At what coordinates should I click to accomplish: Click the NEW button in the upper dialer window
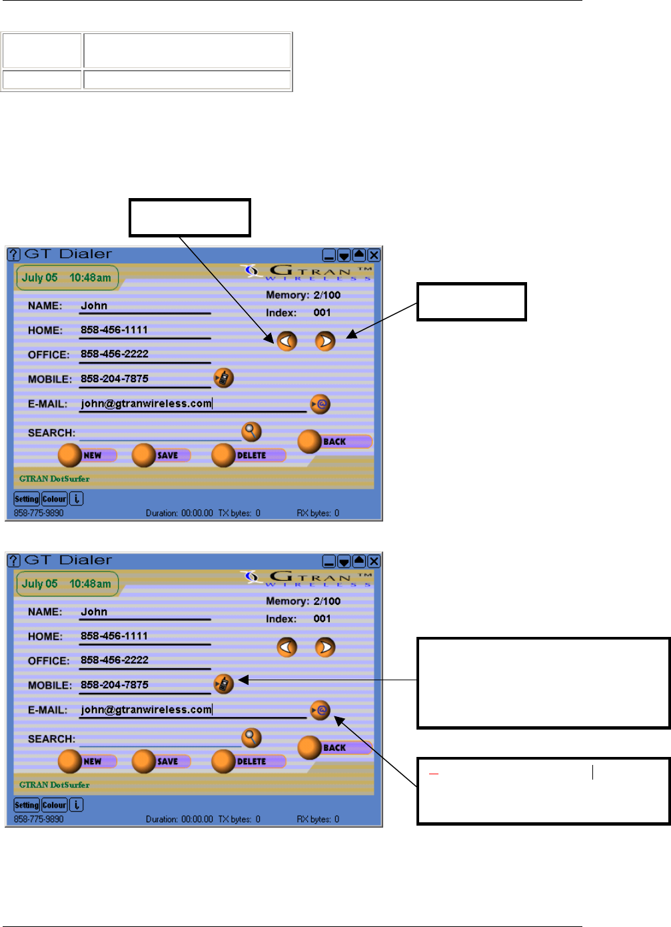pos(87,455)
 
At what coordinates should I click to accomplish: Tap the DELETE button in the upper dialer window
pos(249,455)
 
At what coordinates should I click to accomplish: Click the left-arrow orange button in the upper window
pos(287,341)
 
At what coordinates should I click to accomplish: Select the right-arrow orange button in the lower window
pos(325,648)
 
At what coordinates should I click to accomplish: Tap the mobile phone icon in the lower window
pos(224,684)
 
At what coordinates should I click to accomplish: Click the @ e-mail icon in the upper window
pos(321,404)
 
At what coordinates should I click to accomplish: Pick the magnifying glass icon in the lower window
pos(251,738)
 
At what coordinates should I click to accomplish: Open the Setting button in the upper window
pos(27,499)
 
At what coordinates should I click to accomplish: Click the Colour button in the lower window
pos(55,805)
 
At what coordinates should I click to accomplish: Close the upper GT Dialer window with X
pos(374,255)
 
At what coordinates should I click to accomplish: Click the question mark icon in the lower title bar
pos(14,561)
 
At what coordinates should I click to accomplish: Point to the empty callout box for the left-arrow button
pos(190,217)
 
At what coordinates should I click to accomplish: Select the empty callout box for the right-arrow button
pos(472,302)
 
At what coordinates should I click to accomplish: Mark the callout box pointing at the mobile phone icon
pos(543,683)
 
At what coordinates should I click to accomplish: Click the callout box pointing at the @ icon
pos(543,791)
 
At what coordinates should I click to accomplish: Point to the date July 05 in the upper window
pos(40,278)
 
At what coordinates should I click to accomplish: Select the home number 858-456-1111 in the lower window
pos(114,636)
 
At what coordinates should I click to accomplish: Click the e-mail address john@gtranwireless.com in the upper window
pos(146,403)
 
